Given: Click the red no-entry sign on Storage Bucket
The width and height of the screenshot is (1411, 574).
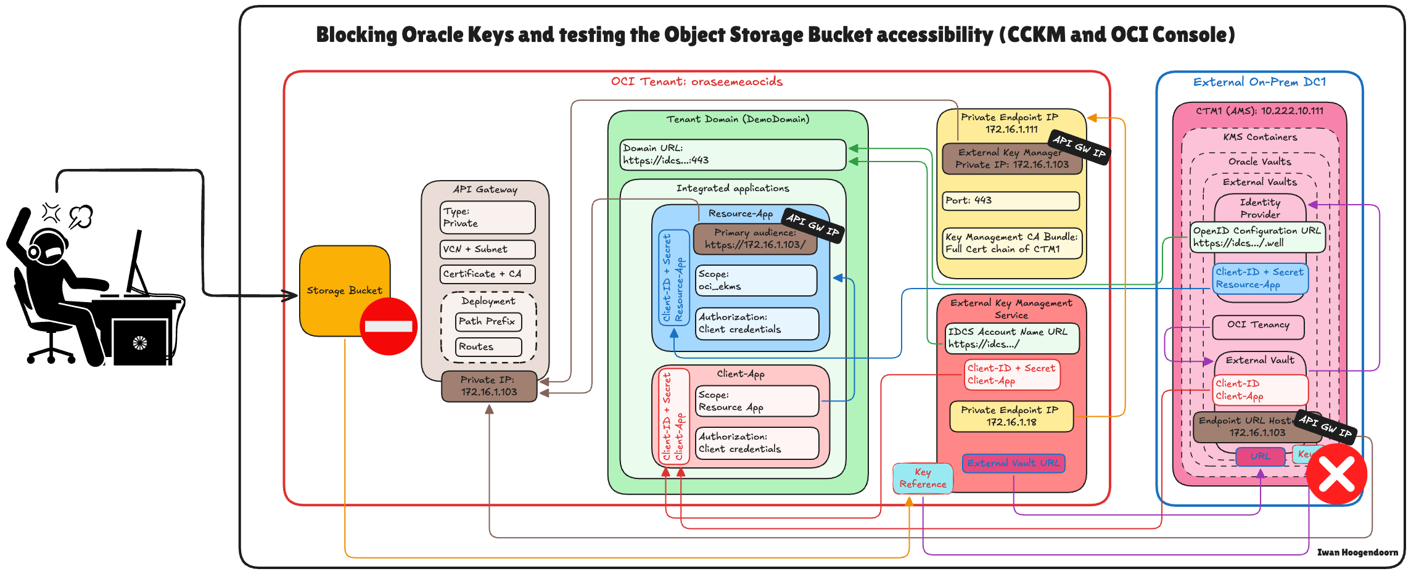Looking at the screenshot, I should [389, 326].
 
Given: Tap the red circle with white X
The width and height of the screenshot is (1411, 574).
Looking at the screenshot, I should [1336, 474].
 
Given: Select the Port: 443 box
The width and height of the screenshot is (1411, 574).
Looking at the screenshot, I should [1011, 201].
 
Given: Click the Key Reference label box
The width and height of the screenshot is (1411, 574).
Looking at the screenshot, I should [923, 478].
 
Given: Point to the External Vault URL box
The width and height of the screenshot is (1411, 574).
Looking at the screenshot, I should [1013, 463].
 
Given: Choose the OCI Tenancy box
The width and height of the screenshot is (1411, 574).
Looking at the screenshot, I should [1258, 326].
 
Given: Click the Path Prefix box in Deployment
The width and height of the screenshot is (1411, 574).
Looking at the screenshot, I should [488, 322].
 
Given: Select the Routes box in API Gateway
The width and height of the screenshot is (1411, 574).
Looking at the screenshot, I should [488, 347].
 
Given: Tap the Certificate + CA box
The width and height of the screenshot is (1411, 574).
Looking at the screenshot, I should [487, 274].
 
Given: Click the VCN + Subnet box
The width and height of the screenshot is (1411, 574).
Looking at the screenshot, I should [487, 249].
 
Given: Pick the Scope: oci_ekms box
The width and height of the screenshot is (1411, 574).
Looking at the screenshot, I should [756, 281].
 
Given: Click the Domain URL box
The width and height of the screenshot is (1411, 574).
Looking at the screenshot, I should [732, 155].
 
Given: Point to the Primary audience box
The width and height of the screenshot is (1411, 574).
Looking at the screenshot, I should [755, 239].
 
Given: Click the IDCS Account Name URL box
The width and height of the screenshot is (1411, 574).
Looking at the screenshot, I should [1011, 338].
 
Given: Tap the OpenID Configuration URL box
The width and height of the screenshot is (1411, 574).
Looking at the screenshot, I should [1257, 237].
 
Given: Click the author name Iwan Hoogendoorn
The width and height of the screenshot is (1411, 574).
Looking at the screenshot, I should [1357, 552].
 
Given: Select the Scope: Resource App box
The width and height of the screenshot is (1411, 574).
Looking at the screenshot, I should [757, 401].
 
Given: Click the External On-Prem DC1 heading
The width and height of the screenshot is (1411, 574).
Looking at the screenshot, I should [1259, 82].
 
